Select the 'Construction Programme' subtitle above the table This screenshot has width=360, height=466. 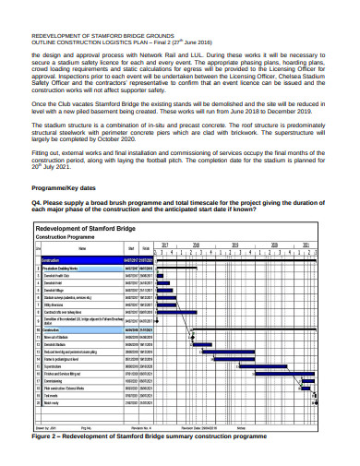[66, 237]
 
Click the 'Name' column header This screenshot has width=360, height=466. [83, 248]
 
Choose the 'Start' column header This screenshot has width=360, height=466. [132, 248]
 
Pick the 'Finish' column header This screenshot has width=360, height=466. [146, 248]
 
